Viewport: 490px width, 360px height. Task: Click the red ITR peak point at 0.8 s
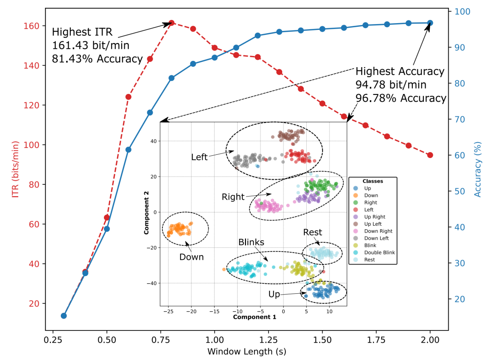click(x=171, y=23)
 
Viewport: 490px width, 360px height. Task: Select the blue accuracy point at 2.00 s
click(x=430, y=23)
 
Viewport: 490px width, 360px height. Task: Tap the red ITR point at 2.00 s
click(x=430, y=155)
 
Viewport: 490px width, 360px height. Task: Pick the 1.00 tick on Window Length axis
click(x=214, y=339)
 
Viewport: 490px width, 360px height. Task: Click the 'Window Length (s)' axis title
click(x=247, y=351)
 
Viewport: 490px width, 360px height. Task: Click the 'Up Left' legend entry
click(x=371, y=224)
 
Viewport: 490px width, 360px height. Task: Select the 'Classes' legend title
click(x=372, y=181)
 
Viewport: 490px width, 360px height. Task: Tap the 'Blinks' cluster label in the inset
click(x=251, y=242)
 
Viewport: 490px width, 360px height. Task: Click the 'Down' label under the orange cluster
click(x=191, y=257)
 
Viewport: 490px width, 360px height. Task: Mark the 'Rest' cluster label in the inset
click(x=313, y=232)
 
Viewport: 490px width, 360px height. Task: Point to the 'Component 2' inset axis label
click(x=147, y=212)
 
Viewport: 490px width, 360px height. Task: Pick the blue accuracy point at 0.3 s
click(x=64, y=316)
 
